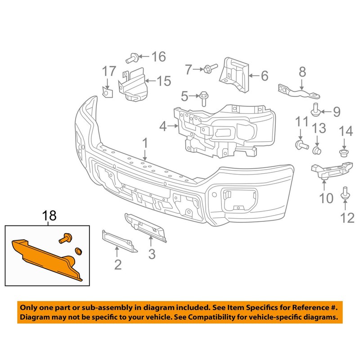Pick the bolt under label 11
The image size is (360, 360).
point(300,144)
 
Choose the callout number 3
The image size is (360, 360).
point(152,254)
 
